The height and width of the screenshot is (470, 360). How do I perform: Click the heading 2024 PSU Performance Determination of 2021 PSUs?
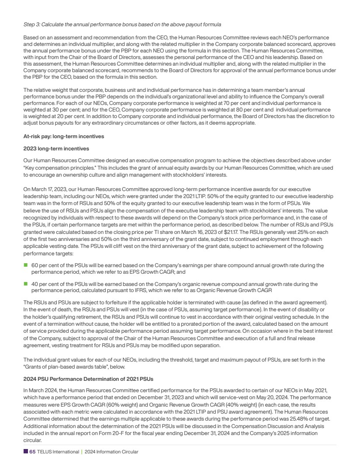click(88, 378)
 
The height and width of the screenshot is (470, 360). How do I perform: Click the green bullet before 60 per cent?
click(25, 265)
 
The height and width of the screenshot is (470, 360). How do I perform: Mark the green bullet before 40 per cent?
click(25, 284)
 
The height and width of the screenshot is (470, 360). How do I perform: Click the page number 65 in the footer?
click(32, 452)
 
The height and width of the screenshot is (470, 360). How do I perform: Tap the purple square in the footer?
click(25, 452)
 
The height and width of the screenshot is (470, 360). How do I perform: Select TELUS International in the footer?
click(58, 452)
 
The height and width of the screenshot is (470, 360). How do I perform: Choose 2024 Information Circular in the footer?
click(111, 452)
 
